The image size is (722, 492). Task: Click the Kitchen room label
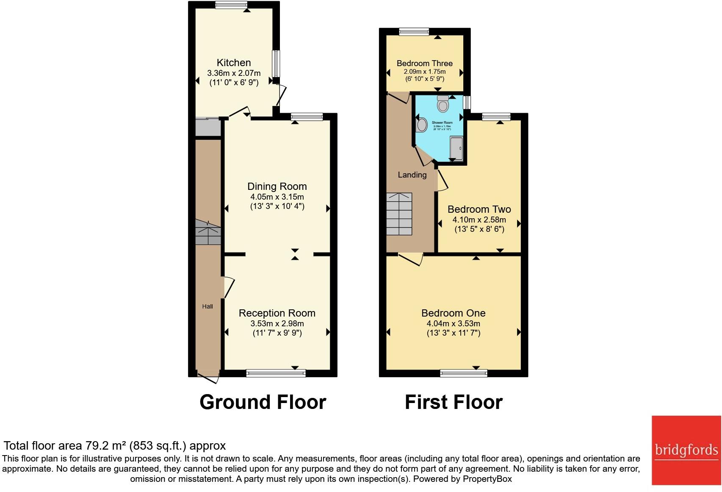click(x=234, y=63)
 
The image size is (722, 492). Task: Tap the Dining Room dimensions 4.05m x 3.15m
click(x=277, y=197)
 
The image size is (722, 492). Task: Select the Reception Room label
click(x=277, y=313)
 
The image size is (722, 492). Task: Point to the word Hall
click(x=207, y=306)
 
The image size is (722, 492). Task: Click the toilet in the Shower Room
click(x=443, y=104)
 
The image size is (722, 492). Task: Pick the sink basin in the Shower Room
click(x=422, y=125)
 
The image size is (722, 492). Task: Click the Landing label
click(x=412, y=175)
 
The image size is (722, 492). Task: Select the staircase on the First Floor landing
click(x=399, y=214)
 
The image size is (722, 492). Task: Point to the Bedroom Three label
click(x=424, y=64)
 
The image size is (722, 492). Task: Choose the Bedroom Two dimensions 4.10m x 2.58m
click(x=479, y=220)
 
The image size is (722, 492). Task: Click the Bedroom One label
click(x=453, y=313)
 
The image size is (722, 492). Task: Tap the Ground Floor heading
click(x=263, y=402)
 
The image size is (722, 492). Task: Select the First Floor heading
click(x=454, y=402)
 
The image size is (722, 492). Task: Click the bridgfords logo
click(x=686, y=450)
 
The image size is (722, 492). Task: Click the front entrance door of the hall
click(x=208, y=377)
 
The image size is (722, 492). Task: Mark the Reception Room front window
click(x=276, y=373)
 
